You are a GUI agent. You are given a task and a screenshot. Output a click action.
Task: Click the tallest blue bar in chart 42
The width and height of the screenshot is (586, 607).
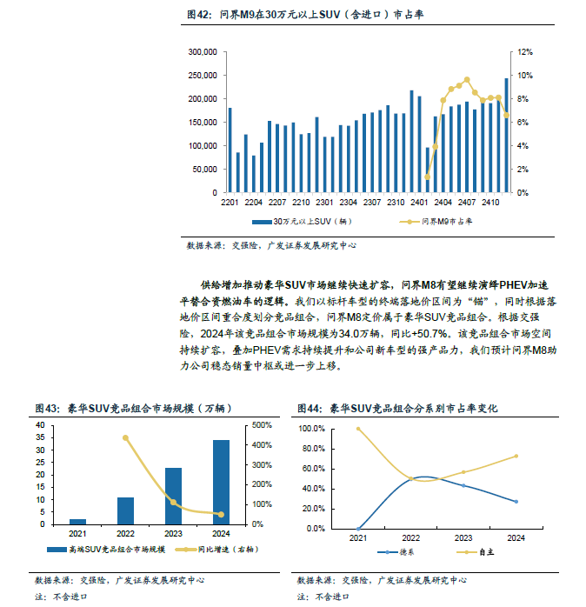506,136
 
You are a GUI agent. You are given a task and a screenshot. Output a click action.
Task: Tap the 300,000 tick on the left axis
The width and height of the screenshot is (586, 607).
203,52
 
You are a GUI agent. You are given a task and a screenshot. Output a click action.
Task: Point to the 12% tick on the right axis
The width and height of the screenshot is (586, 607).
525,52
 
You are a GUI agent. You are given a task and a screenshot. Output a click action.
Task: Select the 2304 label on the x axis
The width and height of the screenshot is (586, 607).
348,202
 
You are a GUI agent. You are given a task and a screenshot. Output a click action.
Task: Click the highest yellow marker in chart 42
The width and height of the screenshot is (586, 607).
467,80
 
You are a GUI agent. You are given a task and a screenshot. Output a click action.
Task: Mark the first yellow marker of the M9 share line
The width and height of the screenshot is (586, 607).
427,177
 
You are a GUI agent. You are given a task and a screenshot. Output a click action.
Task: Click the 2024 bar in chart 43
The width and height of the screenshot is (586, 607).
221,483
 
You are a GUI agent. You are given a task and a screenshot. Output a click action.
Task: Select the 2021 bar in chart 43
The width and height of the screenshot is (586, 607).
77,522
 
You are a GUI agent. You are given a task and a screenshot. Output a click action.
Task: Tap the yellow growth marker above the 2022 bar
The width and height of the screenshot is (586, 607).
125,437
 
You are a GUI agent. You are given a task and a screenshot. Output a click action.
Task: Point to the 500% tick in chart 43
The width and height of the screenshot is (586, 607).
262,425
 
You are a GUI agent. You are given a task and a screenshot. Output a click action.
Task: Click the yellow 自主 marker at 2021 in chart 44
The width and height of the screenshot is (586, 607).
358,429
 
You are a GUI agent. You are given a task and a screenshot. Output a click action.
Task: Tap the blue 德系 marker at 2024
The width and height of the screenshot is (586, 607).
516,501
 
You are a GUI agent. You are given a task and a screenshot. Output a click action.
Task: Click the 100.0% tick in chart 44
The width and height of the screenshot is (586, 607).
311,429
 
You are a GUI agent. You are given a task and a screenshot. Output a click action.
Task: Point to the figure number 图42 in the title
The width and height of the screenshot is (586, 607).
197,15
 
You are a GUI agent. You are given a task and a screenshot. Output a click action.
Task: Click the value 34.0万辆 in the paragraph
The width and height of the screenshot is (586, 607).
358,334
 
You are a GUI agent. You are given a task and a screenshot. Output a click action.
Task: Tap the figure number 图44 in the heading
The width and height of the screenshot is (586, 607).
308,409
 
